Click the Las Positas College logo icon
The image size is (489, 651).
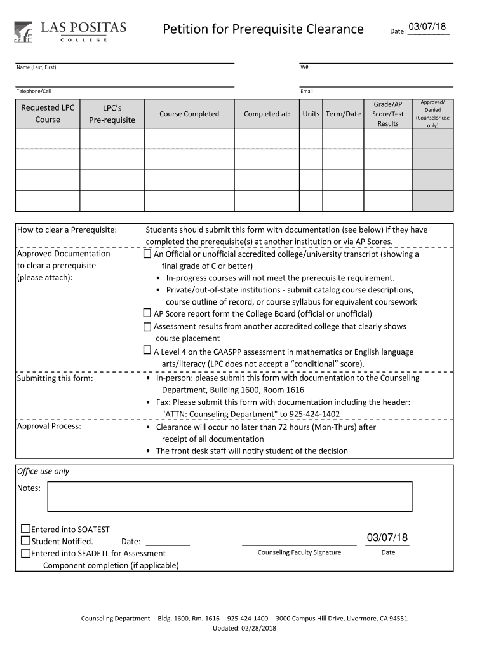[x=23, y=31]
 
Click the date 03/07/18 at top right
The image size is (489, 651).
[x=427, y=27]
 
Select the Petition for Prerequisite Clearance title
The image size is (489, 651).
[x=263, y=29]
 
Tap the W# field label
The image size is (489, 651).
[x=304, y=67]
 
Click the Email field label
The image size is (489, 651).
[x=307, y=91]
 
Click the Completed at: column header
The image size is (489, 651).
[x=267, y=114]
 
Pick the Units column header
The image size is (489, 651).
[x=311, y=114]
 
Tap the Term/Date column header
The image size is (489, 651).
[x=343, y=114]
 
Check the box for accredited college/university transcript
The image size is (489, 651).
[x=147, y=254]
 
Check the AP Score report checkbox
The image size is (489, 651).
[x=147, y=313]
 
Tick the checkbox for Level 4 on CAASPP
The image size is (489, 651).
[x=147, y=351]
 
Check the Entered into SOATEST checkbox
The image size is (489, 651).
[x=25, y=529]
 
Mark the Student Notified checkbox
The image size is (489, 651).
[x=25, y=541]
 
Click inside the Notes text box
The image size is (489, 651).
[x=229, y=496]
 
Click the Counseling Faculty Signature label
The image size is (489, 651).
[x=299, y=552]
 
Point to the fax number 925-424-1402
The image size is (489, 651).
[x=314, y=414]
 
